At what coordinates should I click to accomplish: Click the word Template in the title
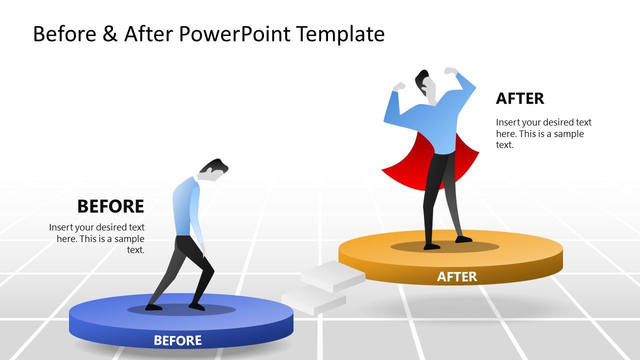pos(340,34)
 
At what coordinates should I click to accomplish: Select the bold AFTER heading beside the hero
pos(520,98)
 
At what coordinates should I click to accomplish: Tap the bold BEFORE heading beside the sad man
pos(110,206)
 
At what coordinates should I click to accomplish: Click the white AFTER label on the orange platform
pos(457,276)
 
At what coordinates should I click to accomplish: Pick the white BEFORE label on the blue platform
pos(177,340)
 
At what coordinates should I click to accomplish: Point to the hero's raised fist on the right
pos(451,71)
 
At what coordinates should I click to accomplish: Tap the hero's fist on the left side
pos(398,87)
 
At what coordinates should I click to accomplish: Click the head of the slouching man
pos(213,168)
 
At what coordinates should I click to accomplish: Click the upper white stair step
pos(332,275)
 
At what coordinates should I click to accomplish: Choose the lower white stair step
pos(313,301)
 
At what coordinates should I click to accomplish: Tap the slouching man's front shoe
pos(196,306)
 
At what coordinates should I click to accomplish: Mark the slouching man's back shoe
pos(153,307)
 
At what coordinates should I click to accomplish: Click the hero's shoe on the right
pos(463,239)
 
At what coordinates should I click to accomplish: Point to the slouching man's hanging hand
pos(202,248)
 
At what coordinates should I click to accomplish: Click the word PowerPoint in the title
pos(234,34)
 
